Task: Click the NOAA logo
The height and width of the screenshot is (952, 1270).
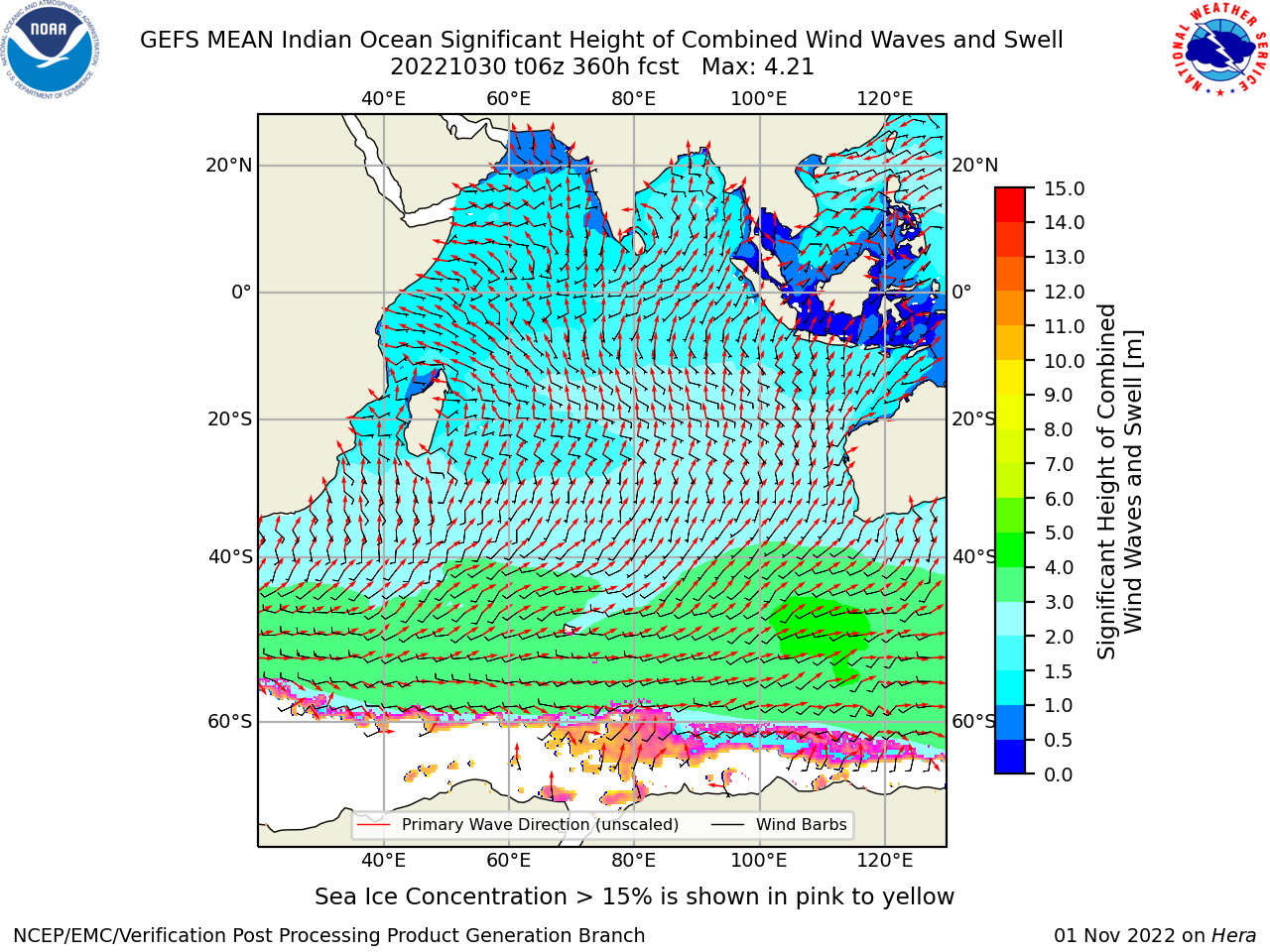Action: (x=51, y=50)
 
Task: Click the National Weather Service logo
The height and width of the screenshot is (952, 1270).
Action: (x=1218, y=49)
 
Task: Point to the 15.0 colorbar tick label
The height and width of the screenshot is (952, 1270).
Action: (x=1064, y=188)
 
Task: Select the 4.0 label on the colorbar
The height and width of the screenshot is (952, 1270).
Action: (x=1059, y=567)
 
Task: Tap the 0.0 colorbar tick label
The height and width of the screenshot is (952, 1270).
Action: (x=1059, y=774)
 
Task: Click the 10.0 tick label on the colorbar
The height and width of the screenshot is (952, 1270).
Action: (x=1064, y=361)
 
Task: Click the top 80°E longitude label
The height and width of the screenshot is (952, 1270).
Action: (x=634, y=99)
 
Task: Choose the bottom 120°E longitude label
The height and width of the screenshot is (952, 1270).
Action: (x=885, y=861)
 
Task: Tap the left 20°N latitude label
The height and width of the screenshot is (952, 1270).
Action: (x=229, y=166)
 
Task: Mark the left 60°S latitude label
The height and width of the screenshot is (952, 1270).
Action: (x=230, y=722)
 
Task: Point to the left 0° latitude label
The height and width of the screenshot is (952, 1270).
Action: (x=242, y=292)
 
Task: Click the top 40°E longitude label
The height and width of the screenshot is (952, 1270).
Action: (x=384, y=99)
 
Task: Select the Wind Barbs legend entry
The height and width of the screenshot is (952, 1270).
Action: (x=779, y=824)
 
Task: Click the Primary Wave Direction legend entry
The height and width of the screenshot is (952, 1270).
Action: (x=518, y=824)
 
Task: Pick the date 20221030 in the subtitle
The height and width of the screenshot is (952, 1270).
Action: (x=448, y=67)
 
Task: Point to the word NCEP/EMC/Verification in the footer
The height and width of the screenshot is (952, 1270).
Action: (x=144, y=936)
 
